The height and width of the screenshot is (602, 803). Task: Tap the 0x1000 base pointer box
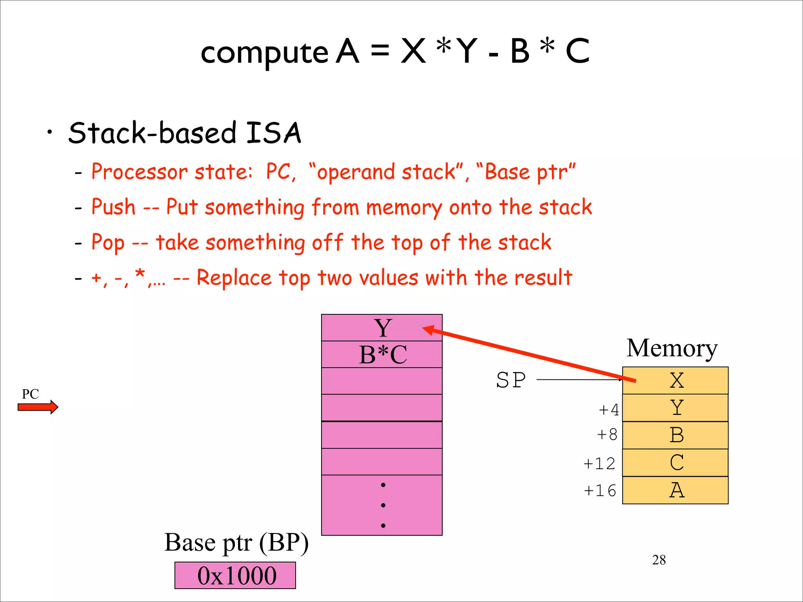[235, 575]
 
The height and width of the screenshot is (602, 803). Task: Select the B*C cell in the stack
[382, 355]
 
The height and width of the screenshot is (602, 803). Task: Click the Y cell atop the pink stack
[382, 328]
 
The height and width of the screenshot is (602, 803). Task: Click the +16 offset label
[600, 491]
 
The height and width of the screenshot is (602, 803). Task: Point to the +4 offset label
[609, 410]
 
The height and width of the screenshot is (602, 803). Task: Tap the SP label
[511, 380]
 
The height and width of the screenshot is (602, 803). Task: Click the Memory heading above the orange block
[672, 348]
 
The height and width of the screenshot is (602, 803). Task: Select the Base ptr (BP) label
[236, 543]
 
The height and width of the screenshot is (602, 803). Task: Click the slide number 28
[659, 560]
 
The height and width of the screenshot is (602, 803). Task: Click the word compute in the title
[264, 53]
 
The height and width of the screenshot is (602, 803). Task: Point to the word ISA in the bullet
[273, 133]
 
